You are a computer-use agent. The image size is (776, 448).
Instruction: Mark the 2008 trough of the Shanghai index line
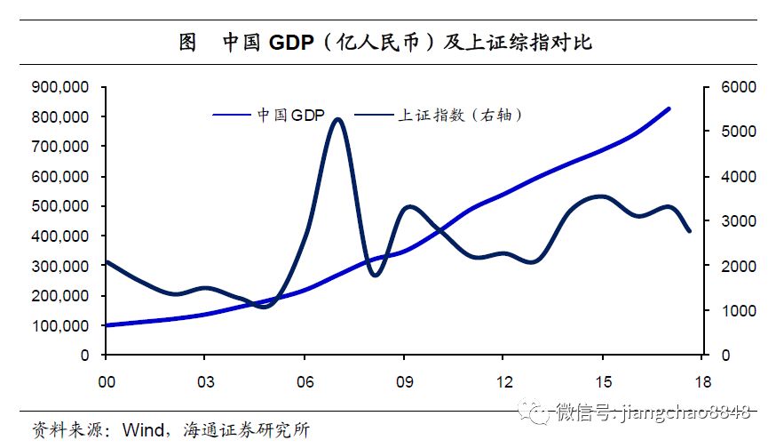[x=375, y=275]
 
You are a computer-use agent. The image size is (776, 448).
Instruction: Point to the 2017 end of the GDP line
[x=669, y=108]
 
